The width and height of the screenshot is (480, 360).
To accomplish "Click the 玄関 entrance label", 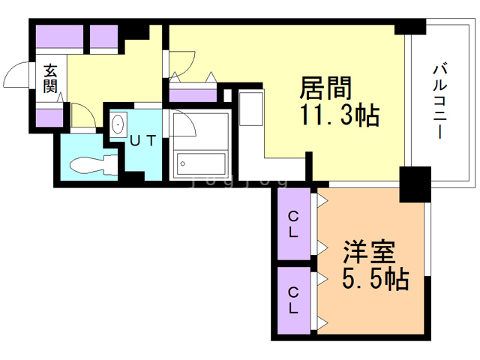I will pyautogui.click(x=49, y=79).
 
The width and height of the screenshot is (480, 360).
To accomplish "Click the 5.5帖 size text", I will pyautogui.click(x=374, y=280).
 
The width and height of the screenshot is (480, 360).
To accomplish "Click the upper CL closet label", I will pyautogui.click(x=293, y=224).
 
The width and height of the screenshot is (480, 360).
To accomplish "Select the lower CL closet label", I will pyautogui.click(x=293, y=299).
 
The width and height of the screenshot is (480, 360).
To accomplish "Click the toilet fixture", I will pyautogui.click(x=91, y=163).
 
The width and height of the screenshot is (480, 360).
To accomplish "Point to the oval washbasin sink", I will pyautogui.click(x=118, y=125).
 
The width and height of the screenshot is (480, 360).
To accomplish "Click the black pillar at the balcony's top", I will pyautogui.click(x=409, y=26).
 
